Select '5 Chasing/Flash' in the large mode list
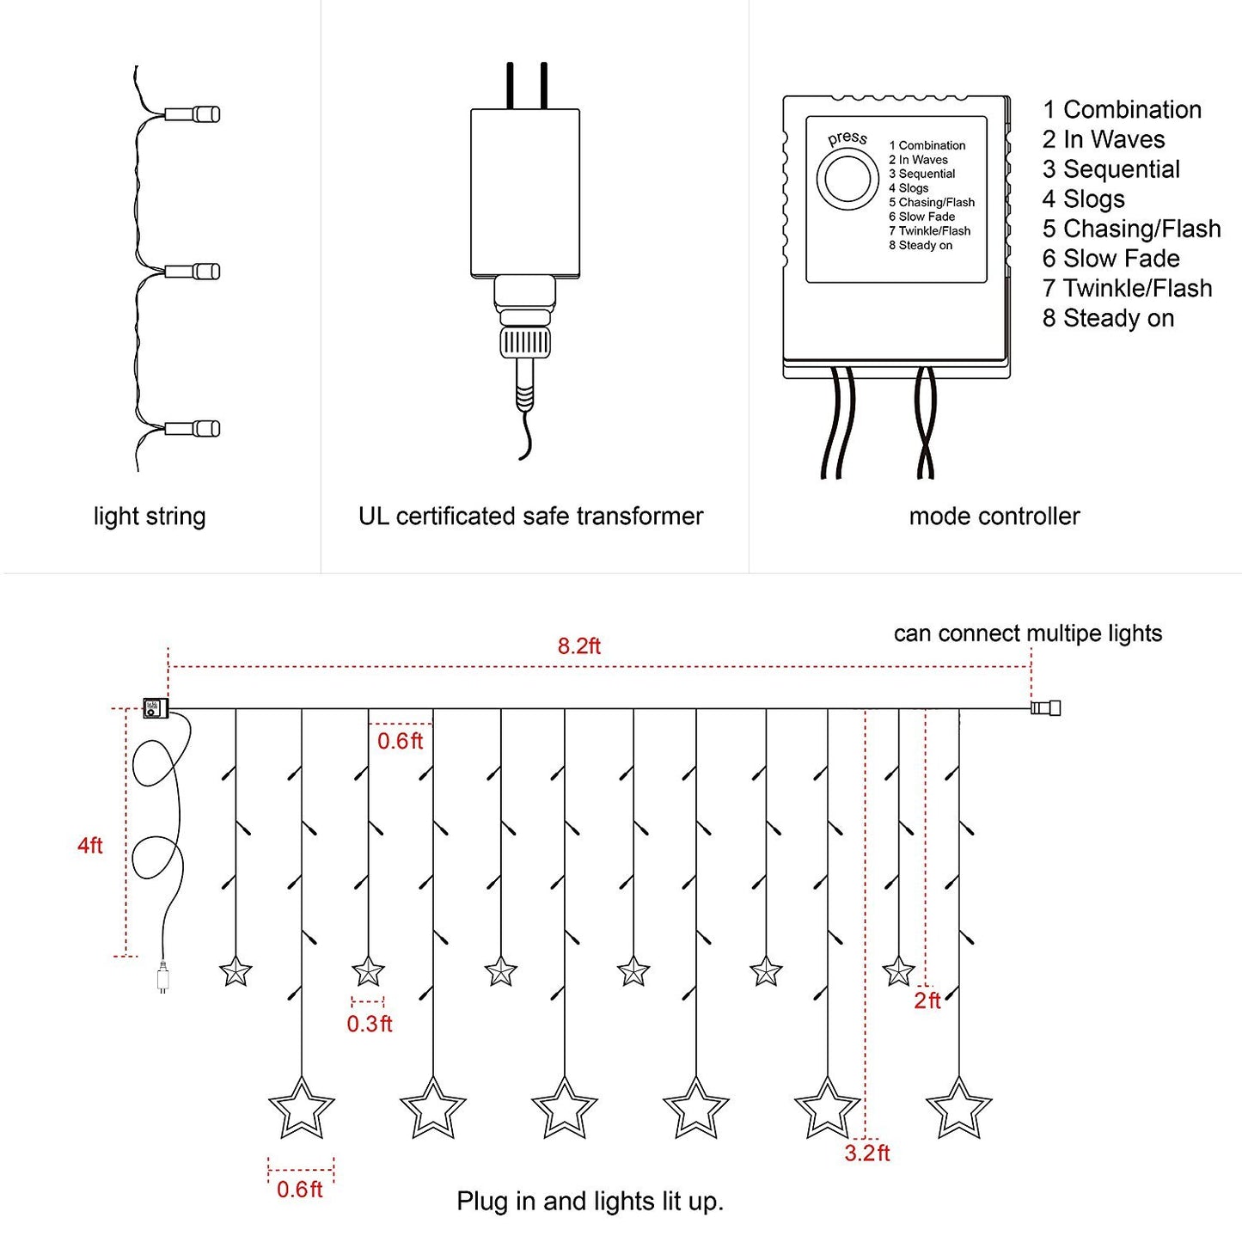pyautogui.click(x=1131, y=229)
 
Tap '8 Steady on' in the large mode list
pyautogui.click(x=1108, y=318)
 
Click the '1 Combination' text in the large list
pyautogui.click(x=1122, y=110)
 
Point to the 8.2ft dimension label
pyautogui.click(x=578, y=645)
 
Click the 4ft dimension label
pyautogui.click(x=90, y=845)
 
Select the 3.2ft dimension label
pyautogui.click(x=866, y=1153)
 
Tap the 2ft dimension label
pyautogui.click(x=927, y=1000)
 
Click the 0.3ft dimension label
pyautogui.click(x=370, y=1024)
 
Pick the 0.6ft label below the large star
pyautogui.click(x=300, y=1190)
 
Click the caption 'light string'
pyautogui.click(x=150, y=517)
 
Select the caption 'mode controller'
pyautogui.click(x=994, y=517)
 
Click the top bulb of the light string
pyautogui.click(x=193, y=113)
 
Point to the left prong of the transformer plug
pyautogui.click(x=511, y=85)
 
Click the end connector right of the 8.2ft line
pyautogui.click(x=1046, y=708)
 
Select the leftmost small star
pyautogui.click(x=236, y=972)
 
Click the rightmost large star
pyautogui.click(x=958, y=1108)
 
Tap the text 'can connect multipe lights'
pyautogui.click(x=1027, y=633)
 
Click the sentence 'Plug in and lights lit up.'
pyautogui.click(x=590, y=1201)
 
